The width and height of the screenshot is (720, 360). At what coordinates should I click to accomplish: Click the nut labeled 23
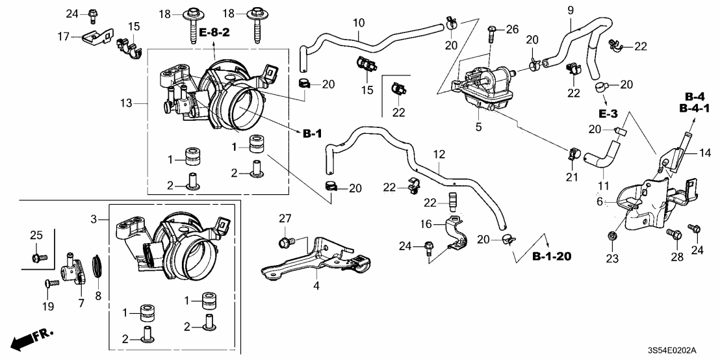click(x=612, y=234)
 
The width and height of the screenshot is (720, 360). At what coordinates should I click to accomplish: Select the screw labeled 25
click(x=37, y=258)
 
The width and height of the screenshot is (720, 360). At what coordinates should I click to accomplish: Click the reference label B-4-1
click(x=693, y=108)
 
